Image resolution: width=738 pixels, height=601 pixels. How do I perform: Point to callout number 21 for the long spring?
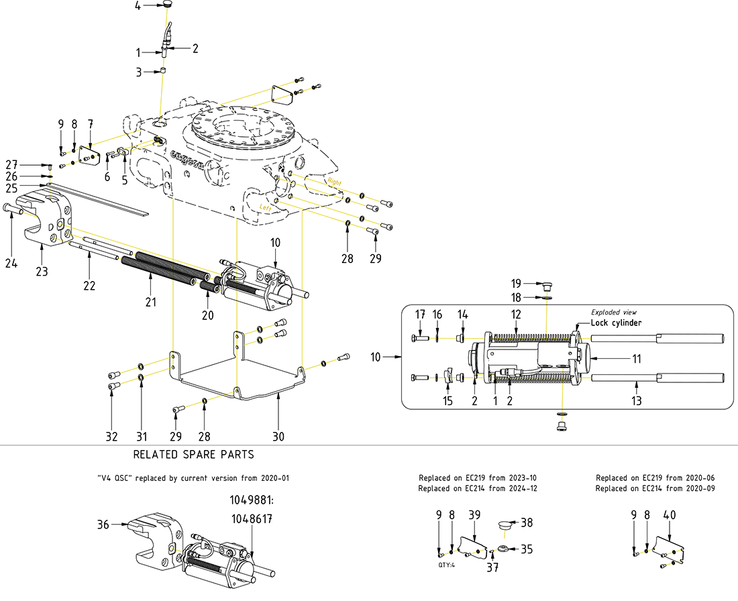click(x=150, y=302)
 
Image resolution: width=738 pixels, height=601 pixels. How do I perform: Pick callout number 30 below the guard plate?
click(x=278, y=436)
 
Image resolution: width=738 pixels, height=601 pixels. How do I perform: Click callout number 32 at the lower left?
click(x=111, y=436)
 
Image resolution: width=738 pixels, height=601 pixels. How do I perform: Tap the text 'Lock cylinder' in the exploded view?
click(x=616, y=323)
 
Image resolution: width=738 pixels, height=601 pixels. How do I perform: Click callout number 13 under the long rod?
click(x=637, y=401)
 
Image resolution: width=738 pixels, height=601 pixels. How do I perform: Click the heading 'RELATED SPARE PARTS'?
click(x=193, y=455)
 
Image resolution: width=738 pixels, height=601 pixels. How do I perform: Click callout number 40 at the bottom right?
click(x=669, y=514)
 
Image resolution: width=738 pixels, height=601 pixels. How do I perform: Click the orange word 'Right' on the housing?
click(x=334, y=182)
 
